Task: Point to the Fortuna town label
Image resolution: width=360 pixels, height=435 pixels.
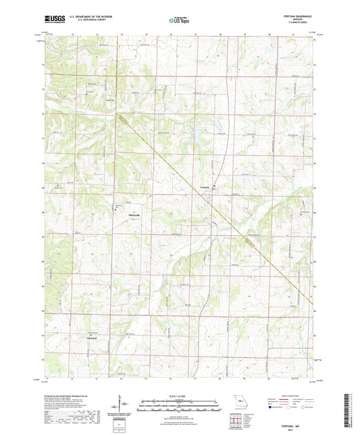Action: (x=206, y=186)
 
